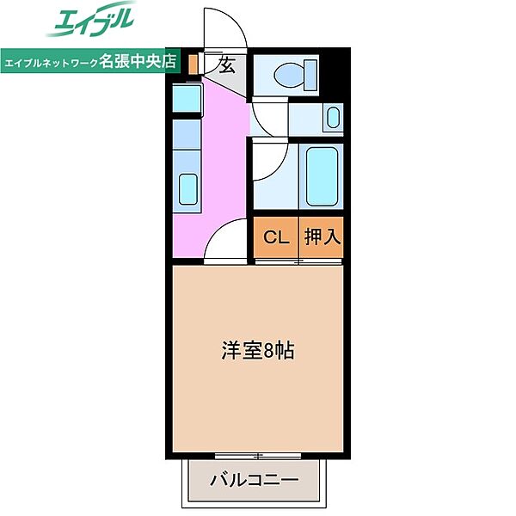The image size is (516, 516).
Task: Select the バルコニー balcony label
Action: tap(255, 480)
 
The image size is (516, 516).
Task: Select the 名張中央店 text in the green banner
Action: tap(138, 62)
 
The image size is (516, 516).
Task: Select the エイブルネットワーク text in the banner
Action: tap(52, 63)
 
